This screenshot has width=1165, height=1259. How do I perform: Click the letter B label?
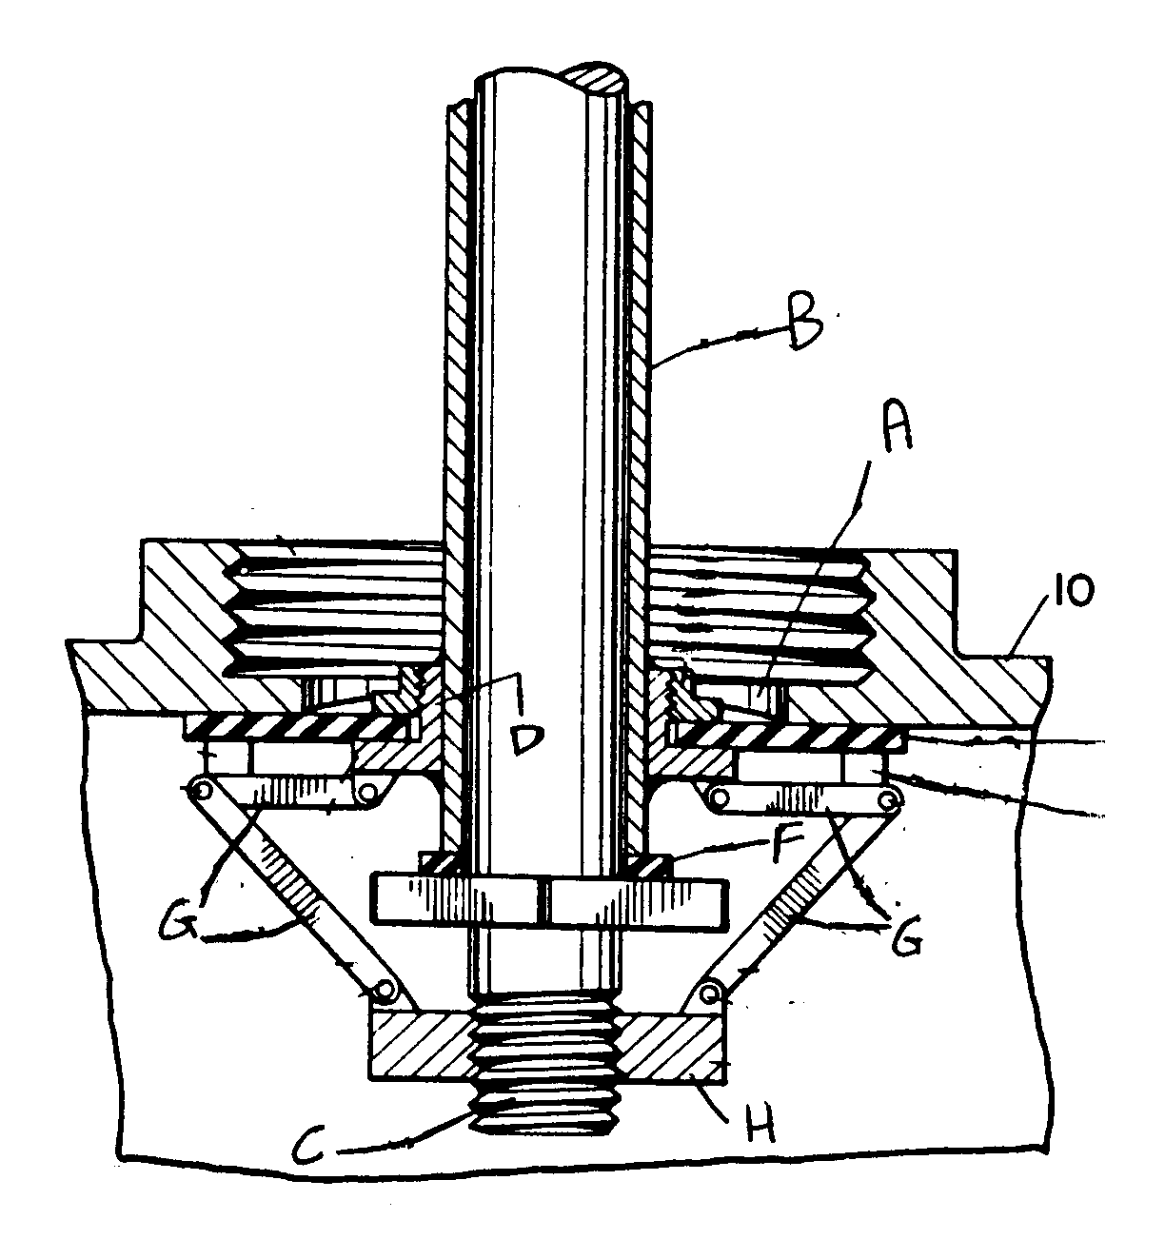click(x=803, y=327)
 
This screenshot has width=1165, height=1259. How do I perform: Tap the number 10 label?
click(x=1073, y=592)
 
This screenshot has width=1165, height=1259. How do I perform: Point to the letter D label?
click(x=526, y=739)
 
